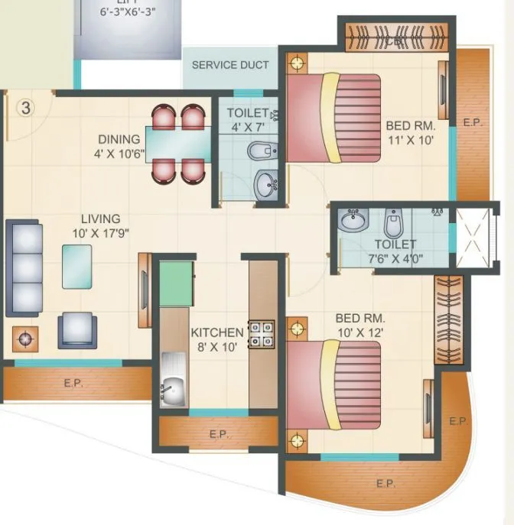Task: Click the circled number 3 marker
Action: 25,108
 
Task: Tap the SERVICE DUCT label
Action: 229,65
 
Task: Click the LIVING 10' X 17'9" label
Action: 100,226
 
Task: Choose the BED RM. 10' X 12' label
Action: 359,325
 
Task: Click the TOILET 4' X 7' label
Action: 247,120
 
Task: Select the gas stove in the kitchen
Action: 261,333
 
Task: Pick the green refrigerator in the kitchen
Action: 176,283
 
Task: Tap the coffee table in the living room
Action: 77,266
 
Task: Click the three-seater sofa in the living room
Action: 23,267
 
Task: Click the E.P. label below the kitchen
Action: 219,434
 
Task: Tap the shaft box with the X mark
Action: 471,237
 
